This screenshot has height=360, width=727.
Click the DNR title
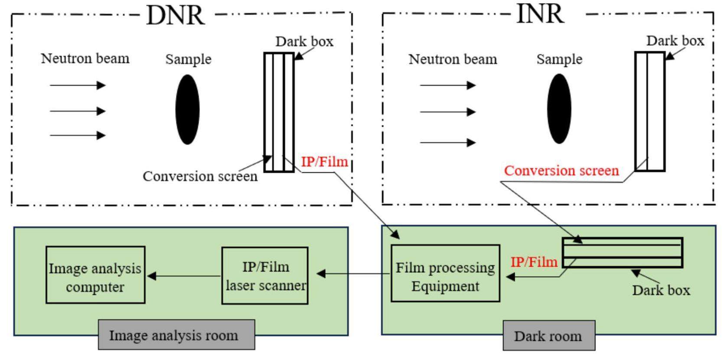pos(175,16)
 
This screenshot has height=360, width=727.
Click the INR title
pos(540,14)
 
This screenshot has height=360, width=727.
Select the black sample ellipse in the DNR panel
pos(188,109)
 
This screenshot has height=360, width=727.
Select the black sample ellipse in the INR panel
pos(559,108)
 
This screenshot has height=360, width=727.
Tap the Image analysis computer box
pos(95,275)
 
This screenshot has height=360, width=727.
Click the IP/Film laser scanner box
pos(265,276)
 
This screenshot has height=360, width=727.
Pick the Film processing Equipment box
pos(445,273)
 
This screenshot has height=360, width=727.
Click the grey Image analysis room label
pos(176,335)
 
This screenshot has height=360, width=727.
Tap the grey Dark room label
pos(548,336)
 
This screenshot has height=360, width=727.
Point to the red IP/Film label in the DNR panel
pos(324,162)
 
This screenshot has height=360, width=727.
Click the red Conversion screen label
pos(561,170)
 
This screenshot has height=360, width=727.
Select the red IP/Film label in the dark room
pos(534,262)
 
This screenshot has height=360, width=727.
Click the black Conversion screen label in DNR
pos(200,176)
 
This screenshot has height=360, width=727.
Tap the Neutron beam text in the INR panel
pos(453,59)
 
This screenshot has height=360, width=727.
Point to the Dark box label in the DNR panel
pos(304,42)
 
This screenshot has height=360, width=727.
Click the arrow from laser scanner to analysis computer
pos(184,276)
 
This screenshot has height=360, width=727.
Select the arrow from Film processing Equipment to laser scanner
pos(353,274)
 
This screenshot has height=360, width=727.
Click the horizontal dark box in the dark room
pos(623,252)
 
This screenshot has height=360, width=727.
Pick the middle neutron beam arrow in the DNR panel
pos(77,111)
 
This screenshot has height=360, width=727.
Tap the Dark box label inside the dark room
pos(661,290)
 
